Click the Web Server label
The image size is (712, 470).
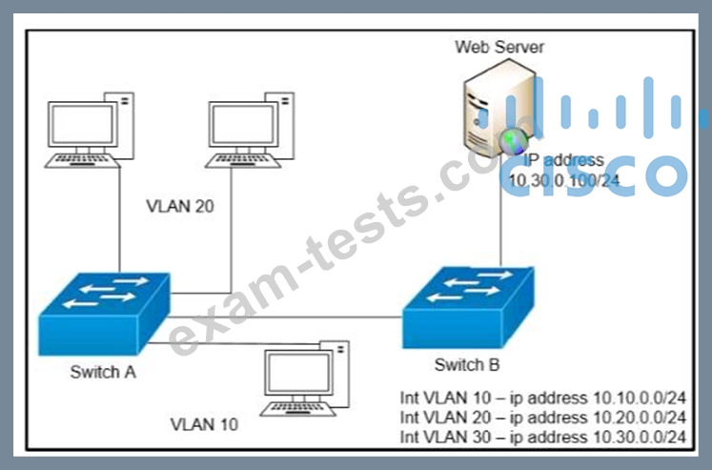pos(499,48)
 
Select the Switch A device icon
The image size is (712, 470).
pos(104,315)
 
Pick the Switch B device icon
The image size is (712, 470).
pos(468,308)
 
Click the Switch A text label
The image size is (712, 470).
pos(103,373)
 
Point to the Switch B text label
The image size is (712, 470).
pos(467,364)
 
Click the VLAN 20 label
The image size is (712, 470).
pos(180,206)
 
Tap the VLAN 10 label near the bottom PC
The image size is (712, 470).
pos(204,424)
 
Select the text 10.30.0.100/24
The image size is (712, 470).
pos(564,181)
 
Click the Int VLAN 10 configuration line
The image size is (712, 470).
pos(542,398)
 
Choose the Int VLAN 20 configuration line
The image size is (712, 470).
pos(542,418)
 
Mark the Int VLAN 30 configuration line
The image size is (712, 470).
pos(542,437)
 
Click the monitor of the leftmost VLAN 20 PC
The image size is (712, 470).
pos(83,125)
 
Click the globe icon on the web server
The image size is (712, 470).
pos(514,141)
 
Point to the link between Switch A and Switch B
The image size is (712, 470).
pos(285,317)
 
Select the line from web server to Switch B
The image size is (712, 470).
pos(501,225)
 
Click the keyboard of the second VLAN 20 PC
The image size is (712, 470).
pos(243,160)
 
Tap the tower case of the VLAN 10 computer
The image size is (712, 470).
pos(336,374)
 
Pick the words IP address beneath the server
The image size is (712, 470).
pos(564,160)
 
